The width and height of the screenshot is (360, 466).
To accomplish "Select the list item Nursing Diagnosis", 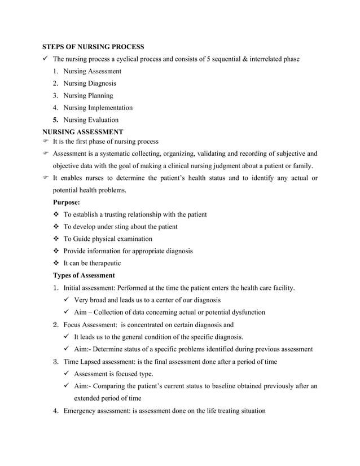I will [x=90, y=83].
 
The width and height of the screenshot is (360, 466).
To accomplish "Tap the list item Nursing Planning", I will [x=88, y=96].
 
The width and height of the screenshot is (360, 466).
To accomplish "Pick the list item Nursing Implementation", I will [x=98, y=108].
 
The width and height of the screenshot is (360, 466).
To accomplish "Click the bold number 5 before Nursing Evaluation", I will [x=55, y=120].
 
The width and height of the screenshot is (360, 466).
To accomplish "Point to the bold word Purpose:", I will [x=67, y=202].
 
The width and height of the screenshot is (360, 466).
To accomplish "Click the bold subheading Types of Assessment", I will [x=84, y=276].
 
